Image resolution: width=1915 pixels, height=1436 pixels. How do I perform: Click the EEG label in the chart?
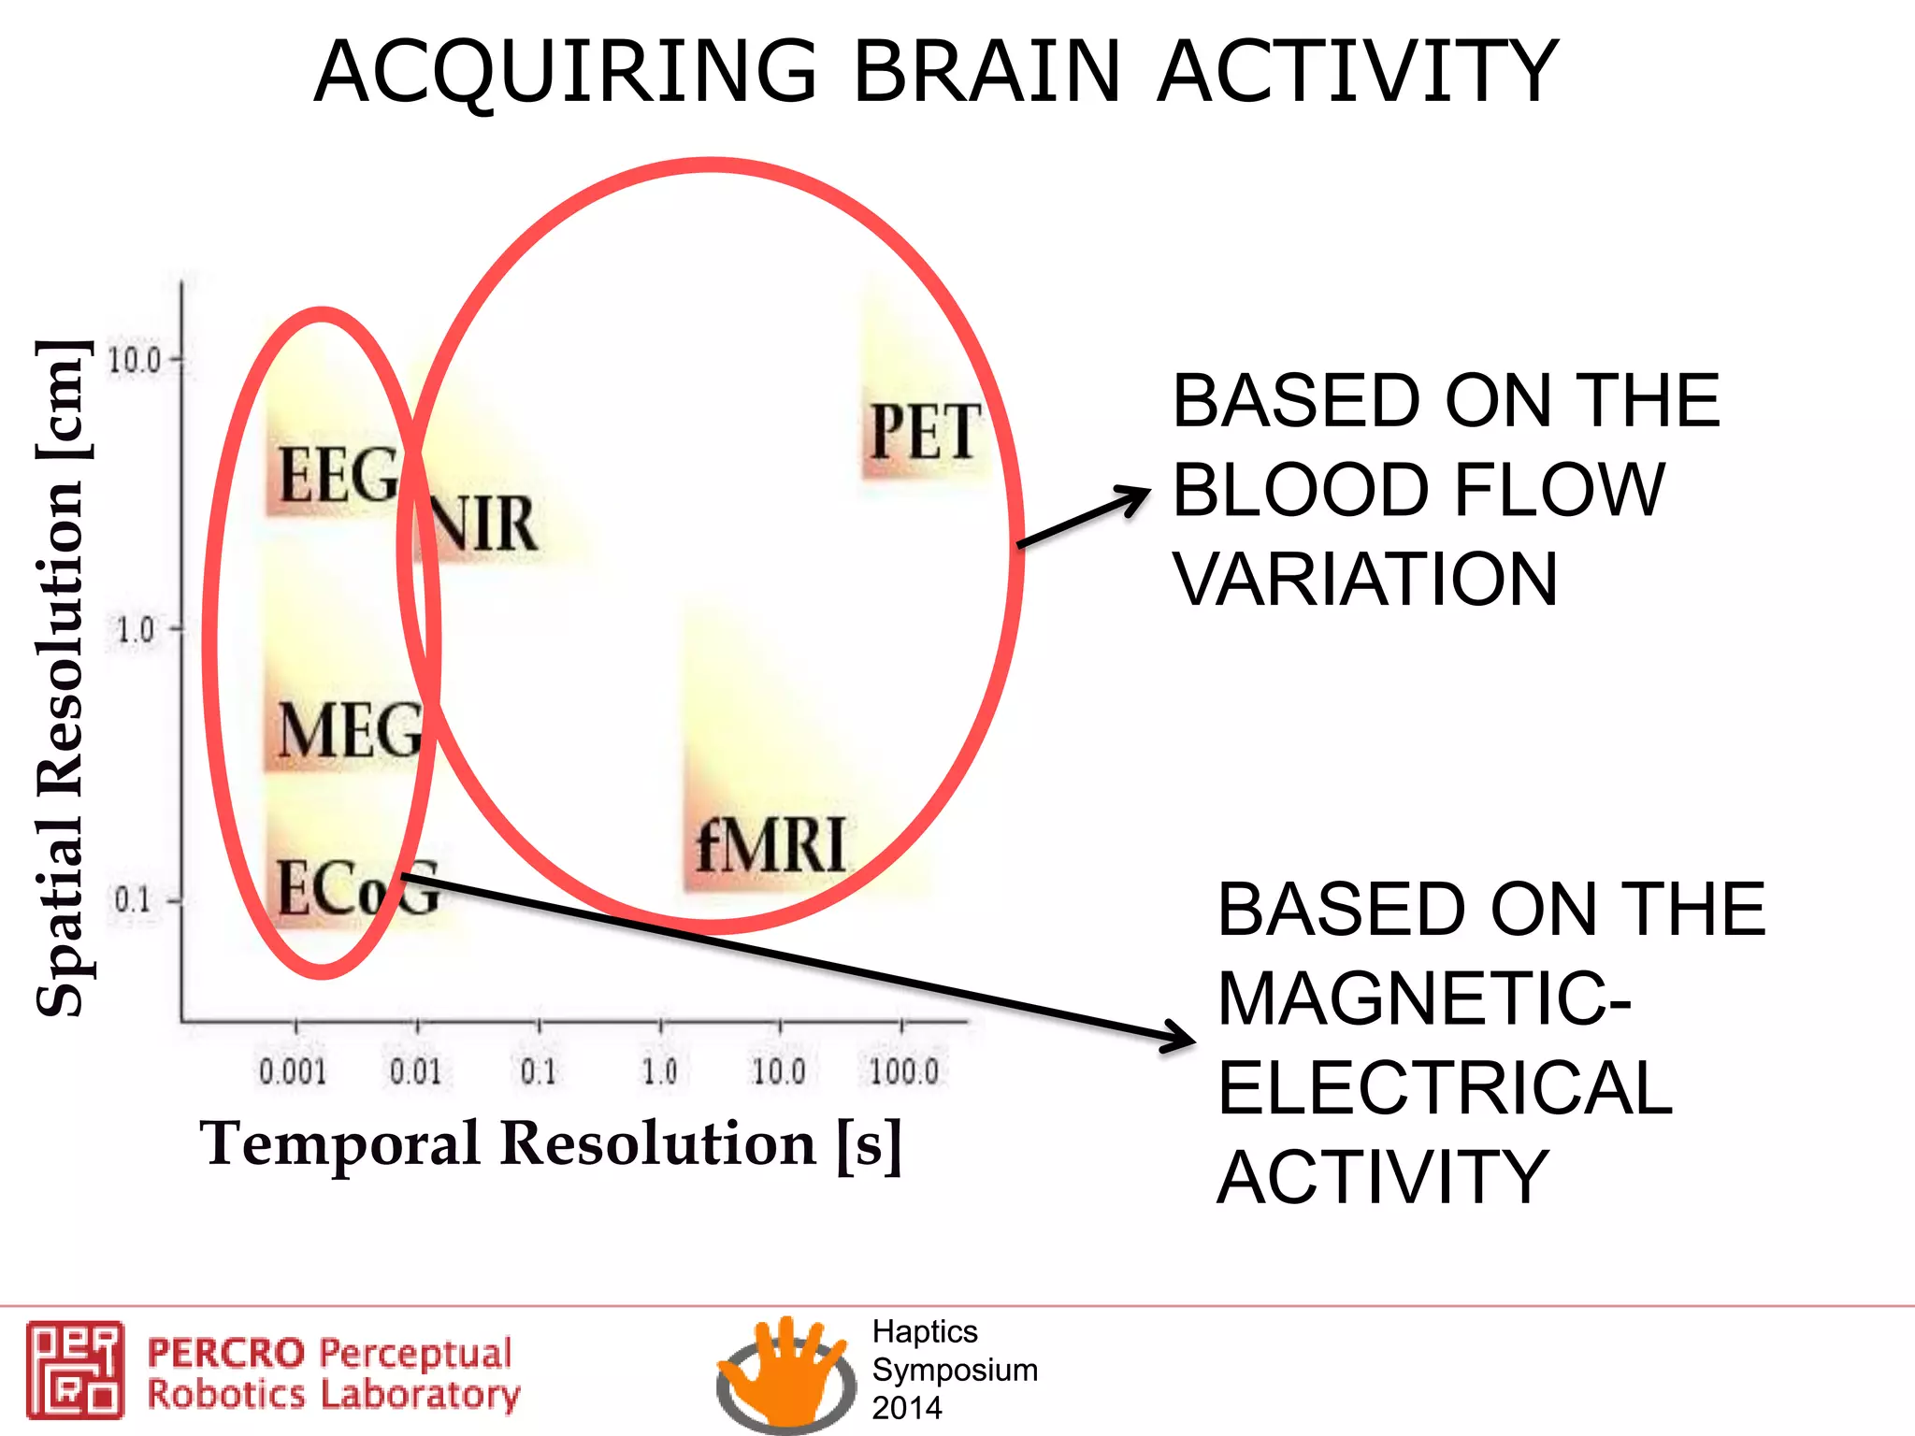pos(338,476)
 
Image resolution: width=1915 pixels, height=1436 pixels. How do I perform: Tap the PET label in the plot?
pos(924,432)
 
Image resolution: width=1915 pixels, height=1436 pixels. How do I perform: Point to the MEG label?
pos(350,730)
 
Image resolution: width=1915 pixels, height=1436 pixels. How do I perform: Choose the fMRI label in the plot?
pos(770,845)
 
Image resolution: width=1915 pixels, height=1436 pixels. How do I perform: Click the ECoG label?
pos(357,888)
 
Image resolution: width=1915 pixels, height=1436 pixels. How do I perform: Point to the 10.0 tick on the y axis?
pos(135,359)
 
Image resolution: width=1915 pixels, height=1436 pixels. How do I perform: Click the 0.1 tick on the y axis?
pos(133,900)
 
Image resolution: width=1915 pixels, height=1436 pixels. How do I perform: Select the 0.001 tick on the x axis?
pos(293,1071)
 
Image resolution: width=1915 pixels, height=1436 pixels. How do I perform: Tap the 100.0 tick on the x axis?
pos(903,1071)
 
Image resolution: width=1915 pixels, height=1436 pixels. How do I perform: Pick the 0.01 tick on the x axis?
pos(415,1071)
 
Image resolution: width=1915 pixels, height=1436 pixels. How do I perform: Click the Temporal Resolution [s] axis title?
pos(551,1144)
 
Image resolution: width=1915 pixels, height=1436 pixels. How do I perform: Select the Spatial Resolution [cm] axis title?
pos(62,678)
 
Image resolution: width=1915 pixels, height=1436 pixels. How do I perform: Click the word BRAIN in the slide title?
pos(986,72)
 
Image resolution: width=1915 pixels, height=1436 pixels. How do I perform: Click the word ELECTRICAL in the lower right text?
pos(1445,1088)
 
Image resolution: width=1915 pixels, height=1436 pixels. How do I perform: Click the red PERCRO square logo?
pos(75,1370)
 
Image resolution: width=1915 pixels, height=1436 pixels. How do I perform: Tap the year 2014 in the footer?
pos(906,1408)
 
